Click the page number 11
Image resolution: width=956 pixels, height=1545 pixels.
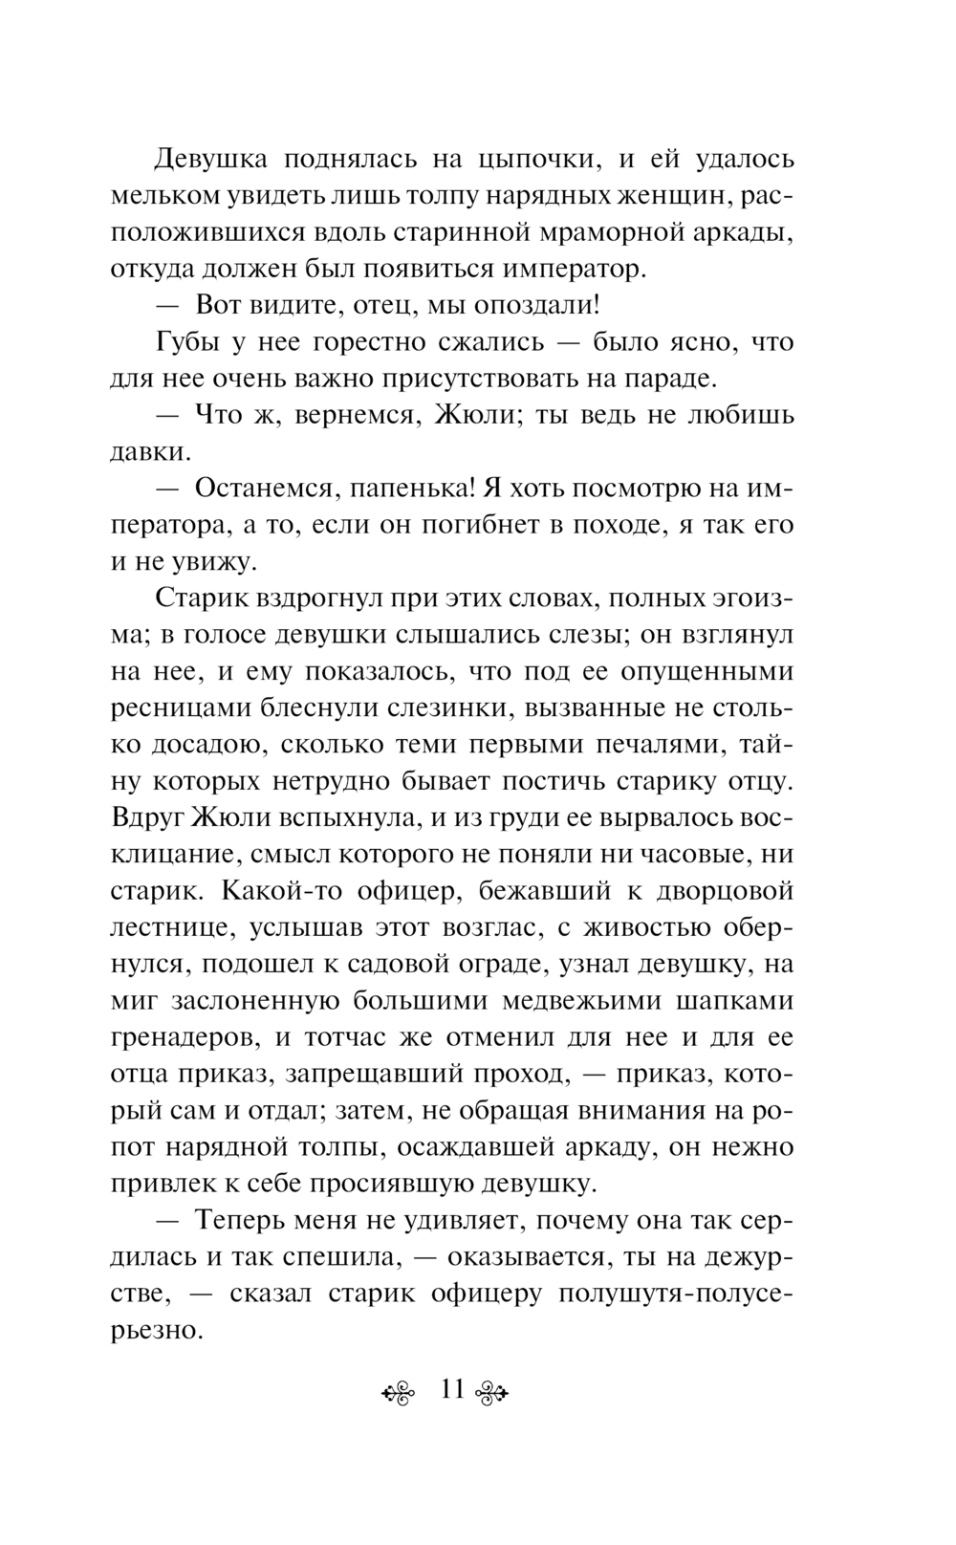[x=452, y=1388]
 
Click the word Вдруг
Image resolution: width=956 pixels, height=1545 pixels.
[x=148, y=818]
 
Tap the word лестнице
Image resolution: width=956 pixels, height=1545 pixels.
[x=172, y=928]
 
